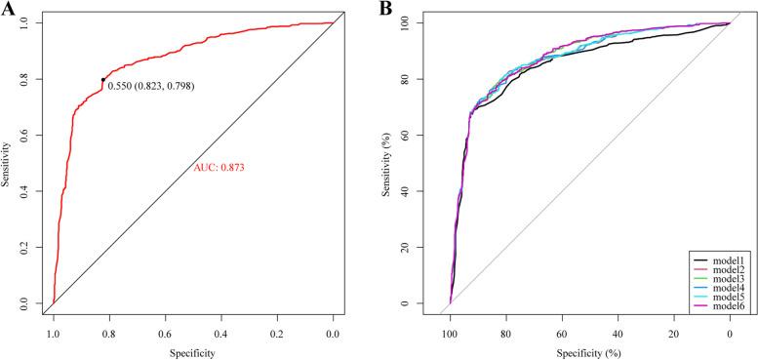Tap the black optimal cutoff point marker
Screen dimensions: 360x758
point(102,80)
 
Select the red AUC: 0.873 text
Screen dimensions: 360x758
point(219,168)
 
